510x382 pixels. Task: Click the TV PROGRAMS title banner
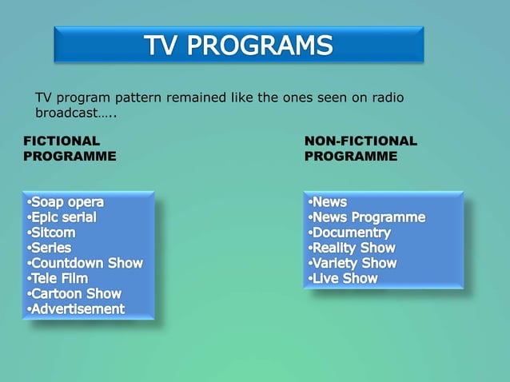[238, 45]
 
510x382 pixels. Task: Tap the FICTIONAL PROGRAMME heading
[70, 149]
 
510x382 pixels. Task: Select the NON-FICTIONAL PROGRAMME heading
[361, 149]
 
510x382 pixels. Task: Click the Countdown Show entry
[86, 263]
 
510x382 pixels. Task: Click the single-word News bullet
[329, 202]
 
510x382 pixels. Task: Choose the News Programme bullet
[368, 217]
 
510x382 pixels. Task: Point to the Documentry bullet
[352, 233]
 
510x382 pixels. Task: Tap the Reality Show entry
[353, 248]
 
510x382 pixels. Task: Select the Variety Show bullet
[354, 263]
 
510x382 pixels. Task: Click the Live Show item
[345, 278]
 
